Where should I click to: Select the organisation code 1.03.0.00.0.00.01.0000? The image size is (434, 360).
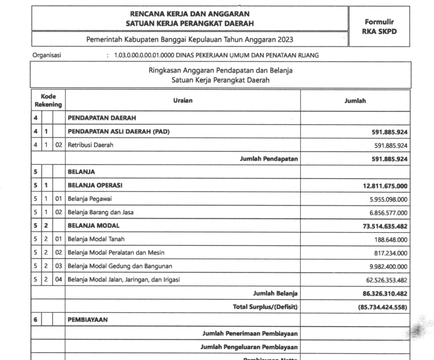[x=145, y=56]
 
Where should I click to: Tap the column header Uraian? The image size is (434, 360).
[x=182, y=100]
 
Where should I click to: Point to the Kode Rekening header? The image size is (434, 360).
[x=48, y=101]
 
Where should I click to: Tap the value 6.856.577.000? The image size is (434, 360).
[x=384, y=212]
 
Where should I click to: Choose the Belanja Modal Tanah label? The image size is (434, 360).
[x=96, y=240]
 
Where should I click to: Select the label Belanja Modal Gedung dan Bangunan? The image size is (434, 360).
[x=120, y=266]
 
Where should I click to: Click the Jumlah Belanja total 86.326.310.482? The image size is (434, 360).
[x=382, y=293]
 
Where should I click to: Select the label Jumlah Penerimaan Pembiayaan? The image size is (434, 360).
[x=250, y=333]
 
